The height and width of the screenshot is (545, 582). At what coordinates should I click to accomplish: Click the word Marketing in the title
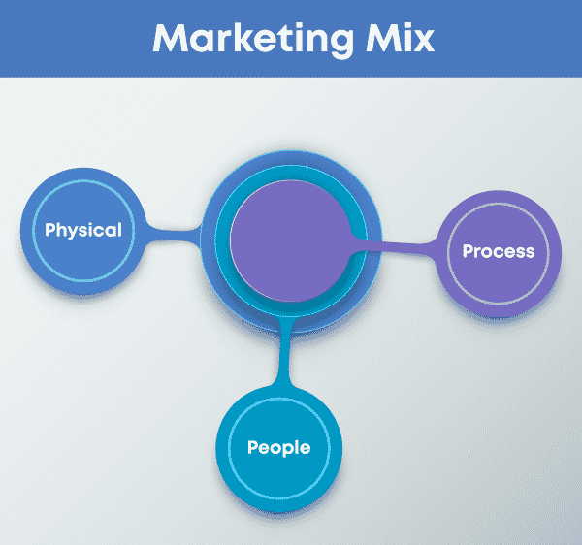click(x=253, y=40)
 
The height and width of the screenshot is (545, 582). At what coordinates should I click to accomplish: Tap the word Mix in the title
click(x=400, y=38)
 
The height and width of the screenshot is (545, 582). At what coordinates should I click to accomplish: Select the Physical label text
click(x=83, y=231)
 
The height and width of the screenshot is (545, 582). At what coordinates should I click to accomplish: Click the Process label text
click(x=499, y=251)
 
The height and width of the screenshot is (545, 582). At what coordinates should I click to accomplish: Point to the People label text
click(x=278, y=448)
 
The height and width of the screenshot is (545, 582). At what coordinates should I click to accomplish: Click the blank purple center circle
click(x=291, y=240)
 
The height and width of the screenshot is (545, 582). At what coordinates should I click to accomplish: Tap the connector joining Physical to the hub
click(x=173, y=236)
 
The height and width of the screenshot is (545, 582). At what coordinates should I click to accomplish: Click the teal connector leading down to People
click(x=284, y=352)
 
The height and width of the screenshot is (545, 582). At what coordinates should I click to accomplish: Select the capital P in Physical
click(x=50, y=229)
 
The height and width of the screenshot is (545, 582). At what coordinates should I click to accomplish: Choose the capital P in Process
click(x=469, y=251)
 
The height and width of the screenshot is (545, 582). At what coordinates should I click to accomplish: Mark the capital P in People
click(x=254, y=447)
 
